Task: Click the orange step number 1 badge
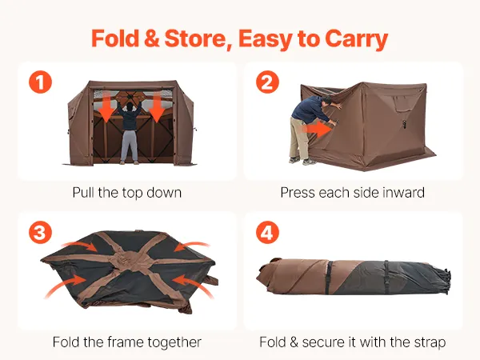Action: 41,82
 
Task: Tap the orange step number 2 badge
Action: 267,82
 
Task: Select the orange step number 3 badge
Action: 41,232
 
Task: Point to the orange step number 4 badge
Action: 267,232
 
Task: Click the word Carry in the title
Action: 356,39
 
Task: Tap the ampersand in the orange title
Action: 151,38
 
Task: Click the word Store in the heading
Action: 198,38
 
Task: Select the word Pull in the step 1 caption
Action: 83,193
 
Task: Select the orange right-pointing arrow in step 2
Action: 317,129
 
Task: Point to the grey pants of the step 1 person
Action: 129,146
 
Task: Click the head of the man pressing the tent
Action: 326,101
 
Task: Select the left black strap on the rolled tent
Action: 329,277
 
